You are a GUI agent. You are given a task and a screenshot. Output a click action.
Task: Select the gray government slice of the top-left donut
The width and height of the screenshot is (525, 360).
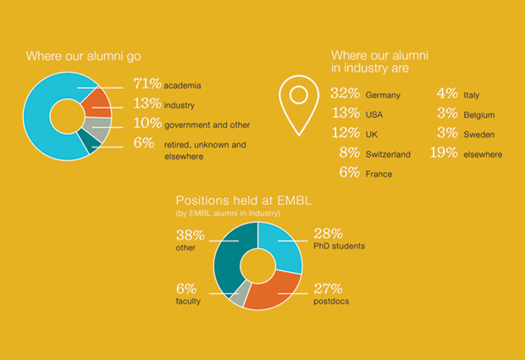point(99,129)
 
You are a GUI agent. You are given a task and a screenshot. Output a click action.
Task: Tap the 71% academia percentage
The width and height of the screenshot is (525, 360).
point(147,84)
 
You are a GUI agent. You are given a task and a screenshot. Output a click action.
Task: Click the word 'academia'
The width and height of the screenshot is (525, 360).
point(182,86)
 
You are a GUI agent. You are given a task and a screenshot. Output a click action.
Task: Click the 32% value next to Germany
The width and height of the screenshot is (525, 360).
point(345,93)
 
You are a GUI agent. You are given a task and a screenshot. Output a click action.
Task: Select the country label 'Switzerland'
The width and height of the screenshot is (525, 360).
point(388,154)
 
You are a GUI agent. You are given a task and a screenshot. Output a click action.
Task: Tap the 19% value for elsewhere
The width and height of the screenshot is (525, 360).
point(444,152)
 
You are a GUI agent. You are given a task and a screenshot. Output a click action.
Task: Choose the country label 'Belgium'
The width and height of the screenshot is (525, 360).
point(479,115)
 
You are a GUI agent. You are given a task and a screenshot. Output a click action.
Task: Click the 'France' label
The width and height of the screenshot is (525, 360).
point(379,174)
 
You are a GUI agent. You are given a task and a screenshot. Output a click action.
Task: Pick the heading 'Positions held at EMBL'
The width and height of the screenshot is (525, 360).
point(244,201)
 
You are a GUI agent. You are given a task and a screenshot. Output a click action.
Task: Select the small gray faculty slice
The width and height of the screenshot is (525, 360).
point(241,294)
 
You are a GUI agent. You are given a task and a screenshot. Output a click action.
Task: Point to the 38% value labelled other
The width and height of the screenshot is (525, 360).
point(191,235)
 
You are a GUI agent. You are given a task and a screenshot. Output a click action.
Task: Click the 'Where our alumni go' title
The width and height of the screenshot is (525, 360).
point(83,56)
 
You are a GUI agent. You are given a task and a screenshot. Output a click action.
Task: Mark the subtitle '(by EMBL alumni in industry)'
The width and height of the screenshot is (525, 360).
point(228,213)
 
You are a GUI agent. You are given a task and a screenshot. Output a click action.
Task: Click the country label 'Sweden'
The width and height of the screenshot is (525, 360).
point(479,135)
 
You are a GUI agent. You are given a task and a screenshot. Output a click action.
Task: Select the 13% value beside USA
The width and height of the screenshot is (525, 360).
point(345,114)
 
